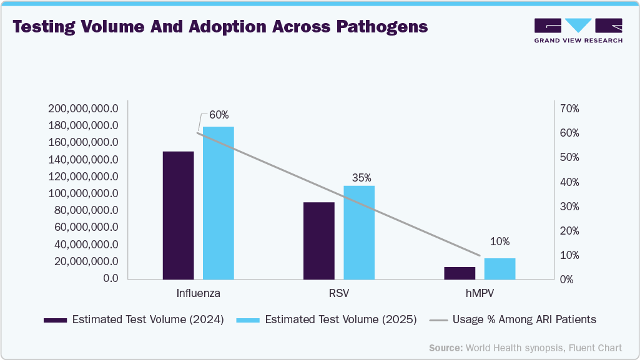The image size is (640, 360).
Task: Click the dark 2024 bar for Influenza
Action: click(178, 215)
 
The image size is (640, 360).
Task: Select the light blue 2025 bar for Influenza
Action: click(218, 203)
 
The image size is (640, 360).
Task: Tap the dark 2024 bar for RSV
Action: click(318, 241)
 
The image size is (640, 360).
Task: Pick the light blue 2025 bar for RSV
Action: click(359, 233)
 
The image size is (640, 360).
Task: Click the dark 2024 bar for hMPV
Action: click(460, 273)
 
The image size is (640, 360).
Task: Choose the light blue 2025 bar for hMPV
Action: click(500, 269)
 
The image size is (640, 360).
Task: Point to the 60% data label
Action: click(219, 115)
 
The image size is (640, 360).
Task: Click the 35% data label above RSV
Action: click(361, 177)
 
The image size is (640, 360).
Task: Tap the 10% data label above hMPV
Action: click(500, 241)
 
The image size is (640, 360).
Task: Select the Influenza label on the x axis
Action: click(198, 293)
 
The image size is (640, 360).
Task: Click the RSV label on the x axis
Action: click(339, 293)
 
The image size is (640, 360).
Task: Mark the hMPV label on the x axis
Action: click(480, 293)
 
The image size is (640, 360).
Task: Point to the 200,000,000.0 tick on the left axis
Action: click(82, 109)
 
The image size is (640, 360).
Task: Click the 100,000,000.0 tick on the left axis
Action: click(82, 193)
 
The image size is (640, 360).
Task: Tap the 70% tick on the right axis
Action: click(569, 109)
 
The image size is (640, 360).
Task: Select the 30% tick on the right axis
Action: click(569, 207)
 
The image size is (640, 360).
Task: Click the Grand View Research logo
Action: click(578, 30)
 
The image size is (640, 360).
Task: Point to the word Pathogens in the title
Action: click(382, 27)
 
